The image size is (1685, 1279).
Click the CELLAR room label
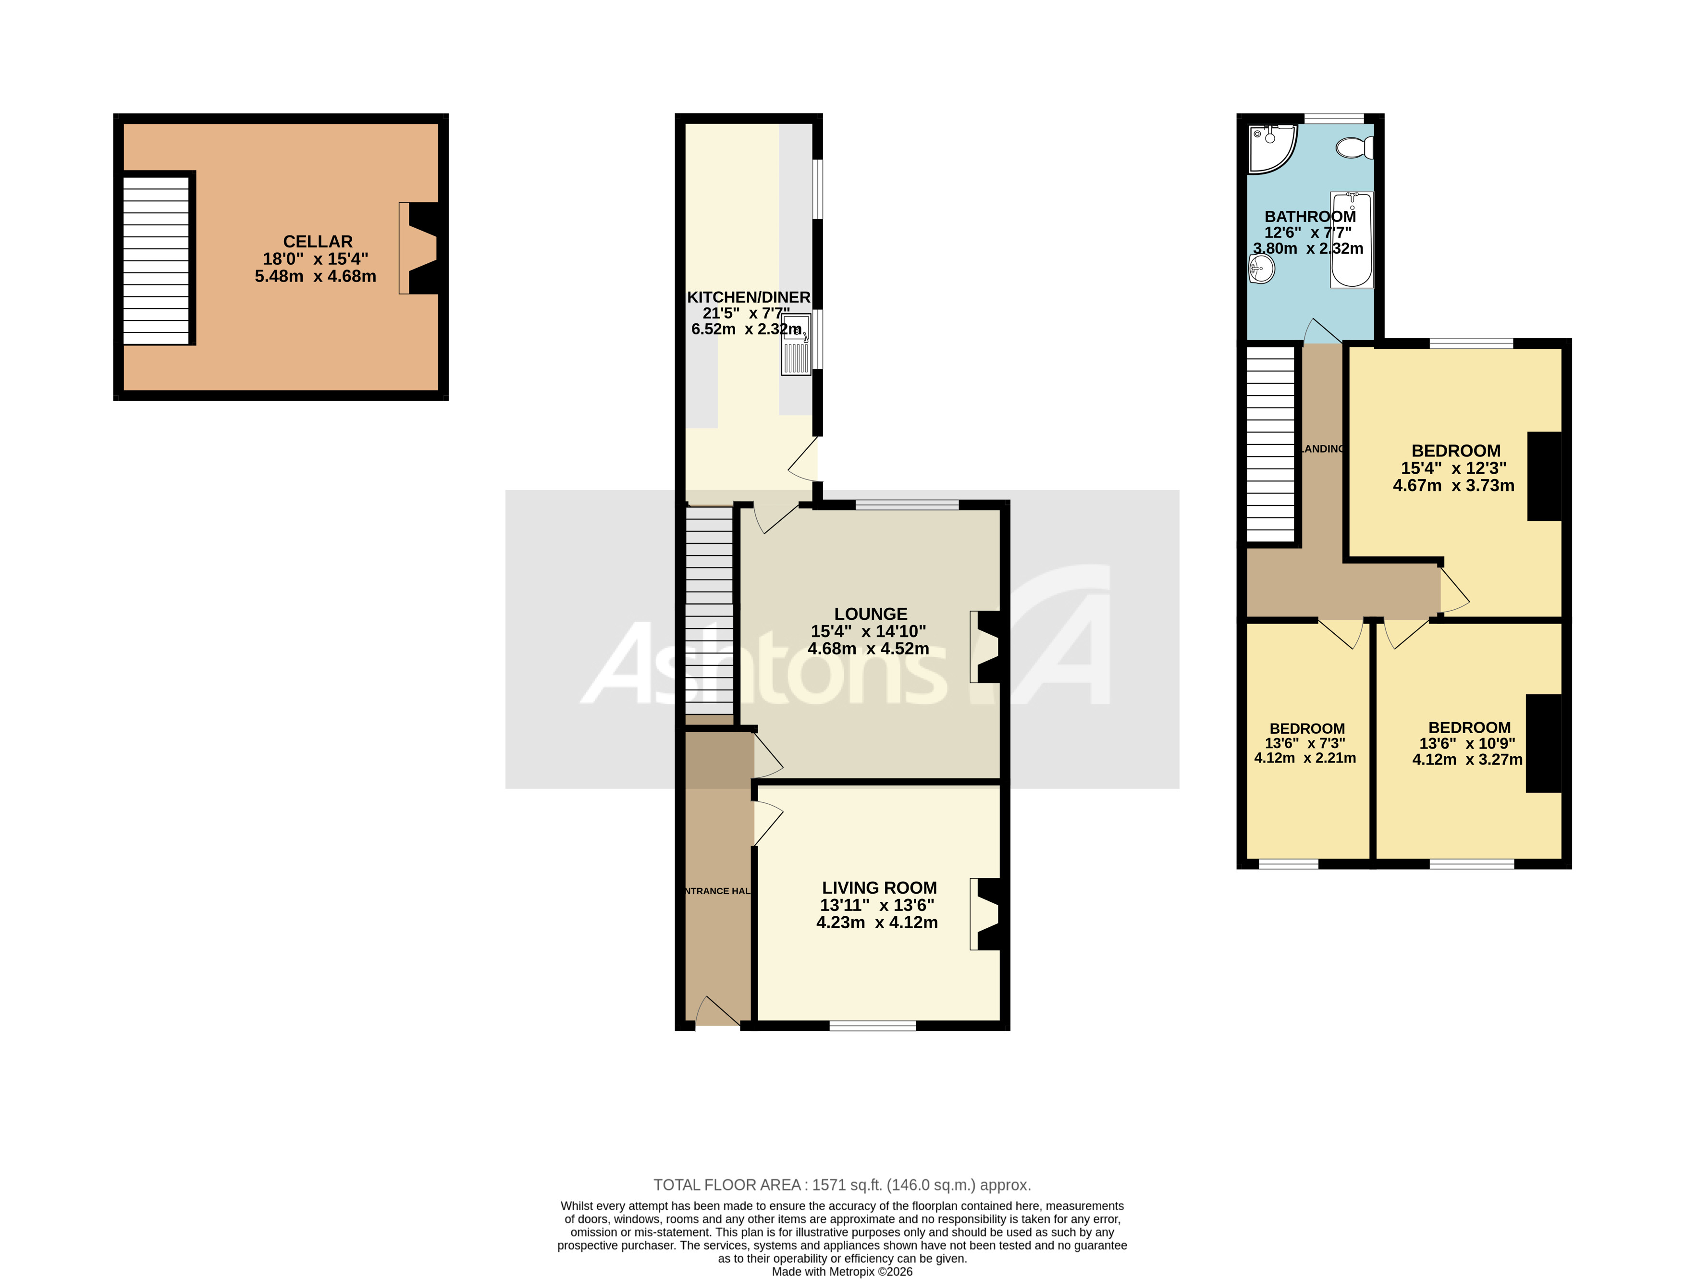[x=318, y=242]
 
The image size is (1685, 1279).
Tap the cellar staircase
[x=156, y=260]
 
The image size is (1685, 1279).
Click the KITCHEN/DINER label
[x=748, y=297]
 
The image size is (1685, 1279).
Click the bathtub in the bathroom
[x=1352, y=240]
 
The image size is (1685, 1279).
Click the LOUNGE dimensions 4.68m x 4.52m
[x=868, y=648]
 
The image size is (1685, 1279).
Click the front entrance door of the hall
[x=716, y=1013]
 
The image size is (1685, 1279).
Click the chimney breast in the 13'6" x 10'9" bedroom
[x=1543, y=743]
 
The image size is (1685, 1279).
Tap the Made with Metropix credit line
[x=842, y=1271]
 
